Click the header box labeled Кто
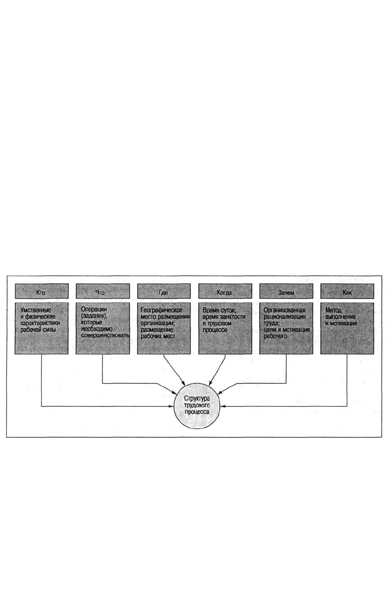(41, 291)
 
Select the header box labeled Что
(103, 291)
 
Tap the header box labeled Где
(164, 291)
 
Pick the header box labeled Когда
(225, 291)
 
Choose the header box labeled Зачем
(286, 291)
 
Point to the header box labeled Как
(347, 291)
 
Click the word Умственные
(36, 310)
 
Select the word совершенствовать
(105, 335)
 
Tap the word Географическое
(162, 310)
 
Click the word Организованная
(284, 310)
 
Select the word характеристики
(40, 323)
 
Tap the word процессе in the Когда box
(215, 330)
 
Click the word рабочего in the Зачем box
(276, 336)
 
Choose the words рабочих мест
(158, 336)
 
